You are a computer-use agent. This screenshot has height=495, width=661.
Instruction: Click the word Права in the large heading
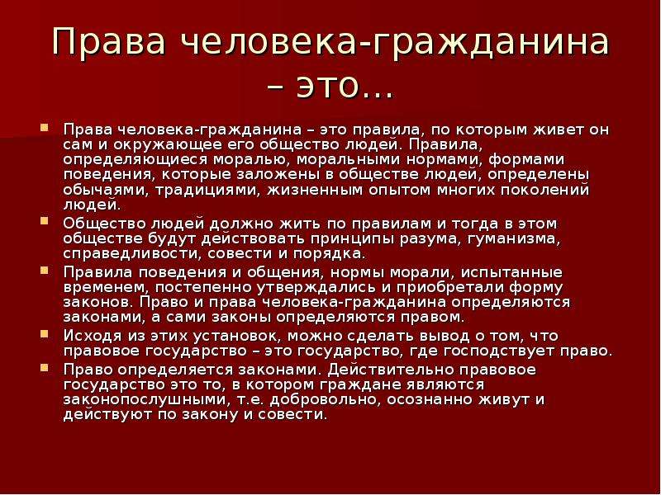108,42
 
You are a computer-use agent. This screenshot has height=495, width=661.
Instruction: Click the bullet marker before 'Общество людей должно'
45,220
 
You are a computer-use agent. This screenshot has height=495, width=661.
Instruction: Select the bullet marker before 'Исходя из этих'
45,334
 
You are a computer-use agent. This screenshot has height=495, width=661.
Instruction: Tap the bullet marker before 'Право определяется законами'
45,367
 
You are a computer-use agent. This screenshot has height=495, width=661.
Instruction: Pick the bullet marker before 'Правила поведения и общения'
45,270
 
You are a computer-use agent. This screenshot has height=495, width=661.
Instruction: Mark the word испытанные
511,272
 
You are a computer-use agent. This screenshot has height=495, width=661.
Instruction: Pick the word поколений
544,191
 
